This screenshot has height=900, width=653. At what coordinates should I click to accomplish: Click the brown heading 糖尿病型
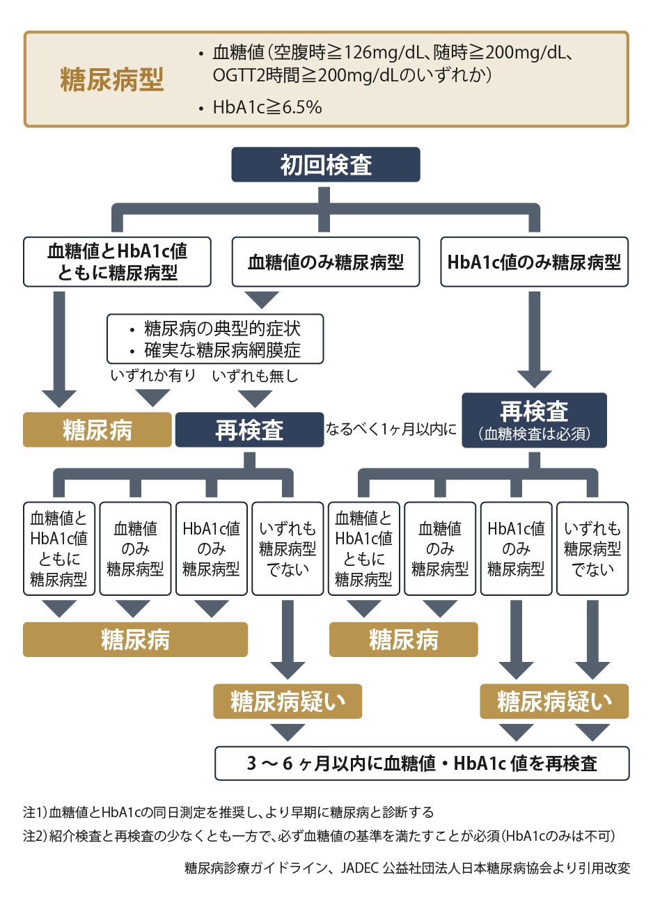[112, 80]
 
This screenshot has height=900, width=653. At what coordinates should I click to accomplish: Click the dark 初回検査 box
[326, 165]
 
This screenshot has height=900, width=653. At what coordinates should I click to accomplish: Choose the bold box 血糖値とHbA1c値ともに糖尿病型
[117, 262]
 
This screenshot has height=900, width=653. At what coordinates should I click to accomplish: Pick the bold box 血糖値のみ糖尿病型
[326, 262]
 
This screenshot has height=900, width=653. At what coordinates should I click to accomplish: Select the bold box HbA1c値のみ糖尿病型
[534, 262]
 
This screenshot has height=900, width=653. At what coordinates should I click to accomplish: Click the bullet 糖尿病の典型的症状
[222, 329]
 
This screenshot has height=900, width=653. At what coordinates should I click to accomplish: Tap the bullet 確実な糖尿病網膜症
[222, 350]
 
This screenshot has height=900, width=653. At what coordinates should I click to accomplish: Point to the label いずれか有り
[153, 376]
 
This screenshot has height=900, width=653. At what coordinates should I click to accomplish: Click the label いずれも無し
[255, 376]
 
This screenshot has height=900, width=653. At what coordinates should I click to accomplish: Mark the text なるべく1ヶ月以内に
[391, 429]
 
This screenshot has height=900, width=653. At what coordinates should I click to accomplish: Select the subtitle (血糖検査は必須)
[534, 434]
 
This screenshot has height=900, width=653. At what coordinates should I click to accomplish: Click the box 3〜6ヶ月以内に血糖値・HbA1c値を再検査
[422, 764]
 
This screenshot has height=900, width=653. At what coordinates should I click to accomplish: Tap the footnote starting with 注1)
[228, 812]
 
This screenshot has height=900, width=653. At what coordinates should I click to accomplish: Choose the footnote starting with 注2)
[319, 836]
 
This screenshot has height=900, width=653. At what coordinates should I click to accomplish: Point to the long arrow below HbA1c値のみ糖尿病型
[534, 338]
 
